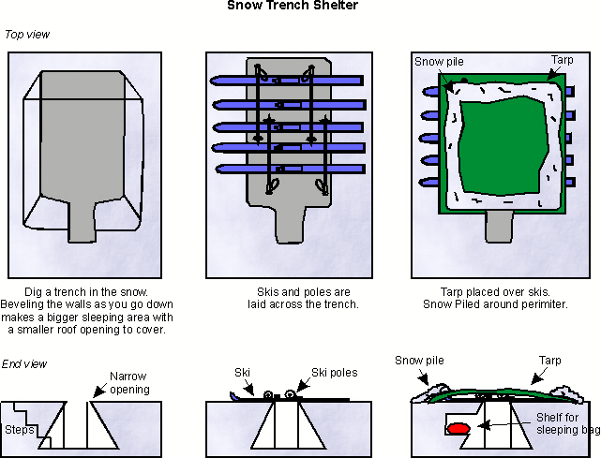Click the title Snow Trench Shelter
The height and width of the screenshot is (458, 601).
[x=293, y=6]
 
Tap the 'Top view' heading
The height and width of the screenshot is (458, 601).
[x=27, y=35]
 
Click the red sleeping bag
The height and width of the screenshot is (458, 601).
[x=458, y=429]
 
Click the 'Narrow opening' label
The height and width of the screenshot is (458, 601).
[x=129, y=383]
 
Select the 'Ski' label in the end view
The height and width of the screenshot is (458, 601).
[x=241, y=373]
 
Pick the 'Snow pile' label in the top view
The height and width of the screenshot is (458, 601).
[x=439, y=62]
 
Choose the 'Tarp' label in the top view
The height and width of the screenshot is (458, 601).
[x=562, y=60]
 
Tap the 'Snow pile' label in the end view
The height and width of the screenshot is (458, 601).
[x=417, y=360]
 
